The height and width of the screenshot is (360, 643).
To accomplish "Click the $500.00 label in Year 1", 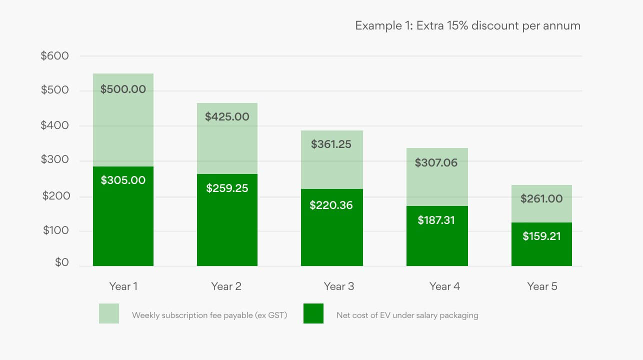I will pyautogui.click(x=123, y=89).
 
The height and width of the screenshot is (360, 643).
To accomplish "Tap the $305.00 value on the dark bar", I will pyautogui.click(x=123, y=180).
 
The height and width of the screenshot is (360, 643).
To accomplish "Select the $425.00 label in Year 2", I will pyautogui.click(x=227, y=117).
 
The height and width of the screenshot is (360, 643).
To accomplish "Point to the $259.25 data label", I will pyautogui.click(x=227, y=188).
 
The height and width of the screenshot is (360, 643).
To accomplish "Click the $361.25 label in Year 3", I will pyautogui.click(x=331, y=144).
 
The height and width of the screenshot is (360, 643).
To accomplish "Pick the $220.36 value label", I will pyautogui.click(x=331, y=205).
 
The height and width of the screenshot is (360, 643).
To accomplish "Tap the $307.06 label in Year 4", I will pyautogui.click(x=436, y=162).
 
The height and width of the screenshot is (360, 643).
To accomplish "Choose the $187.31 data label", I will pyautogui.click(x=436, y=220).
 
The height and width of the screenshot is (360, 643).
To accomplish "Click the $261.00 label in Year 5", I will pyautogui.click(x=541, y=198).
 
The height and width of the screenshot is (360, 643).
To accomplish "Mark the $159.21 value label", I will pyautogui.click(x=541, y=236).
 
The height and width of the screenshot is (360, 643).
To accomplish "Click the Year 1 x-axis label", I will pyautogui.click(x=123, y=286).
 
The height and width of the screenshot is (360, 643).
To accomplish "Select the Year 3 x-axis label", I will pyautogui.click(x=339, y=286).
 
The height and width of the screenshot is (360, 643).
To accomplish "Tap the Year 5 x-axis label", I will pyautogui.click(x=542, y=286).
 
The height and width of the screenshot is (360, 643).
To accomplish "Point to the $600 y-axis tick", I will pyautogui.click(x=55, y=56).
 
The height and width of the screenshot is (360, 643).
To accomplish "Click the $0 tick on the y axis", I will pyautogui.click(x=62, y=262).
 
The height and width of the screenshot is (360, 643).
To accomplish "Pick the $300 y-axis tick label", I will pyautogui.click(x=55, y=161).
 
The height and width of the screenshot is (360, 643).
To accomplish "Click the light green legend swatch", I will pyautogui.click(x=109, y=313).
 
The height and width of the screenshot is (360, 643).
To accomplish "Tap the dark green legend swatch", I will pyautogui.click(x=313, y=313).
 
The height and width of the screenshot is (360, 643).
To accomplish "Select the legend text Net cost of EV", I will pyautogui.click(x=407, y=315).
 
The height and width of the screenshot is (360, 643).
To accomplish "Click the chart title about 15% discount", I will pyautogui.click(x=467, y=25).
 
